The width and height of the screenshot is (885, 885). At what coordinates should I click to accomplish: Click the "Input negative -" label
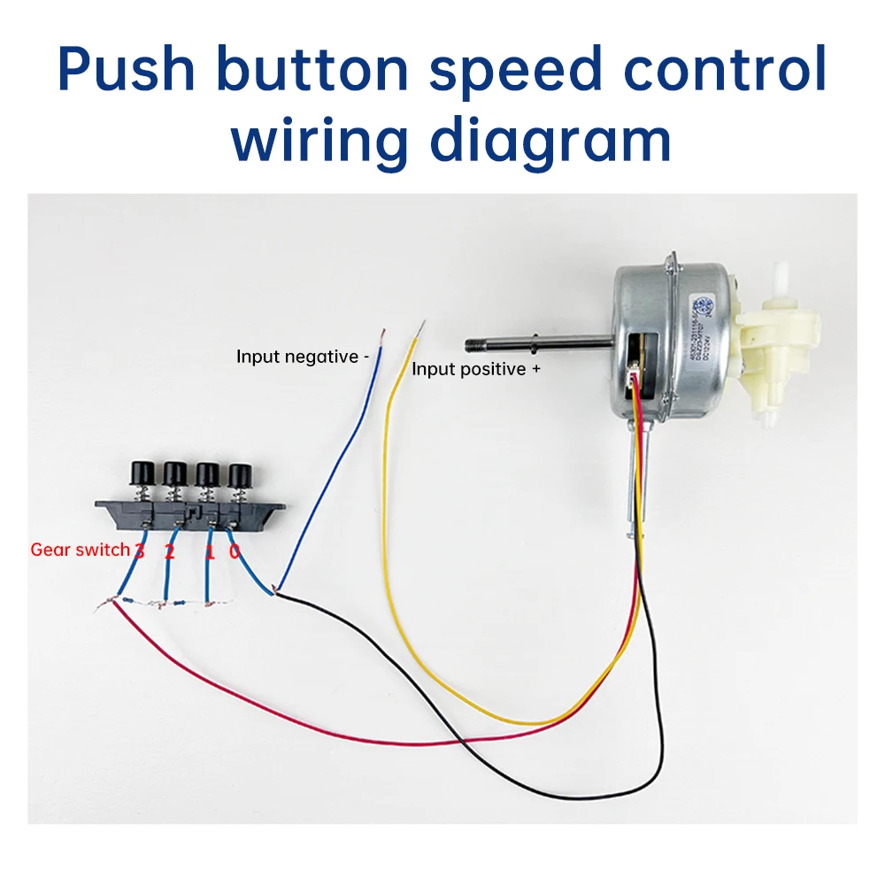click(302, 357)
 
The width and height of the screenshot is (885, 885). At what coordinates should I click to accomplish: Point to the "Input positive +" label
click(475, 369)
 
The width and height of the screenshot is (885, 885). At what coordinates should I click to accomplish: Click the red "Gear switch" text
click(81, 550)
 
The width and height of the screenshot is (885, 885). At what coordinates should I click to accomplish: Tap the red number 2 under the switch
click(170, 553)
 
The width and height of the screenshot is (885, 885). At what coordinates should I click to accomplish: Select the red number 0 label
click(235, 552)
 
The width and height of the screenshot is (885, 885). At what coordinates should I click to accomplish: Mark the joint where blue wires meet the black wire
click(277, 591)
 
